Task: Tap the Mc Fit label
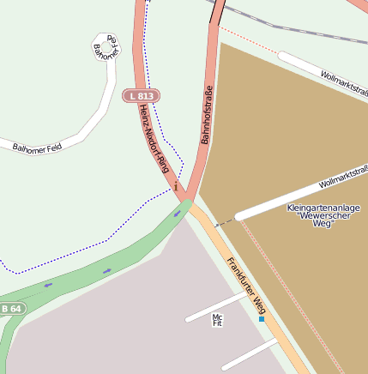217,321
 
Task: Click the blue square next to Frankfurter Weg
262,319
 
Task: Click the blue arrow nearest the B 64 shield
48,284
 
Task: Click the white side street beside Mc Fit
214,307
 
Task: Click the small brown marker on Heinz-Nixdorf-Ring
175,183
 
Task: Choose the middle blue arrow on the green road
107,270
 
